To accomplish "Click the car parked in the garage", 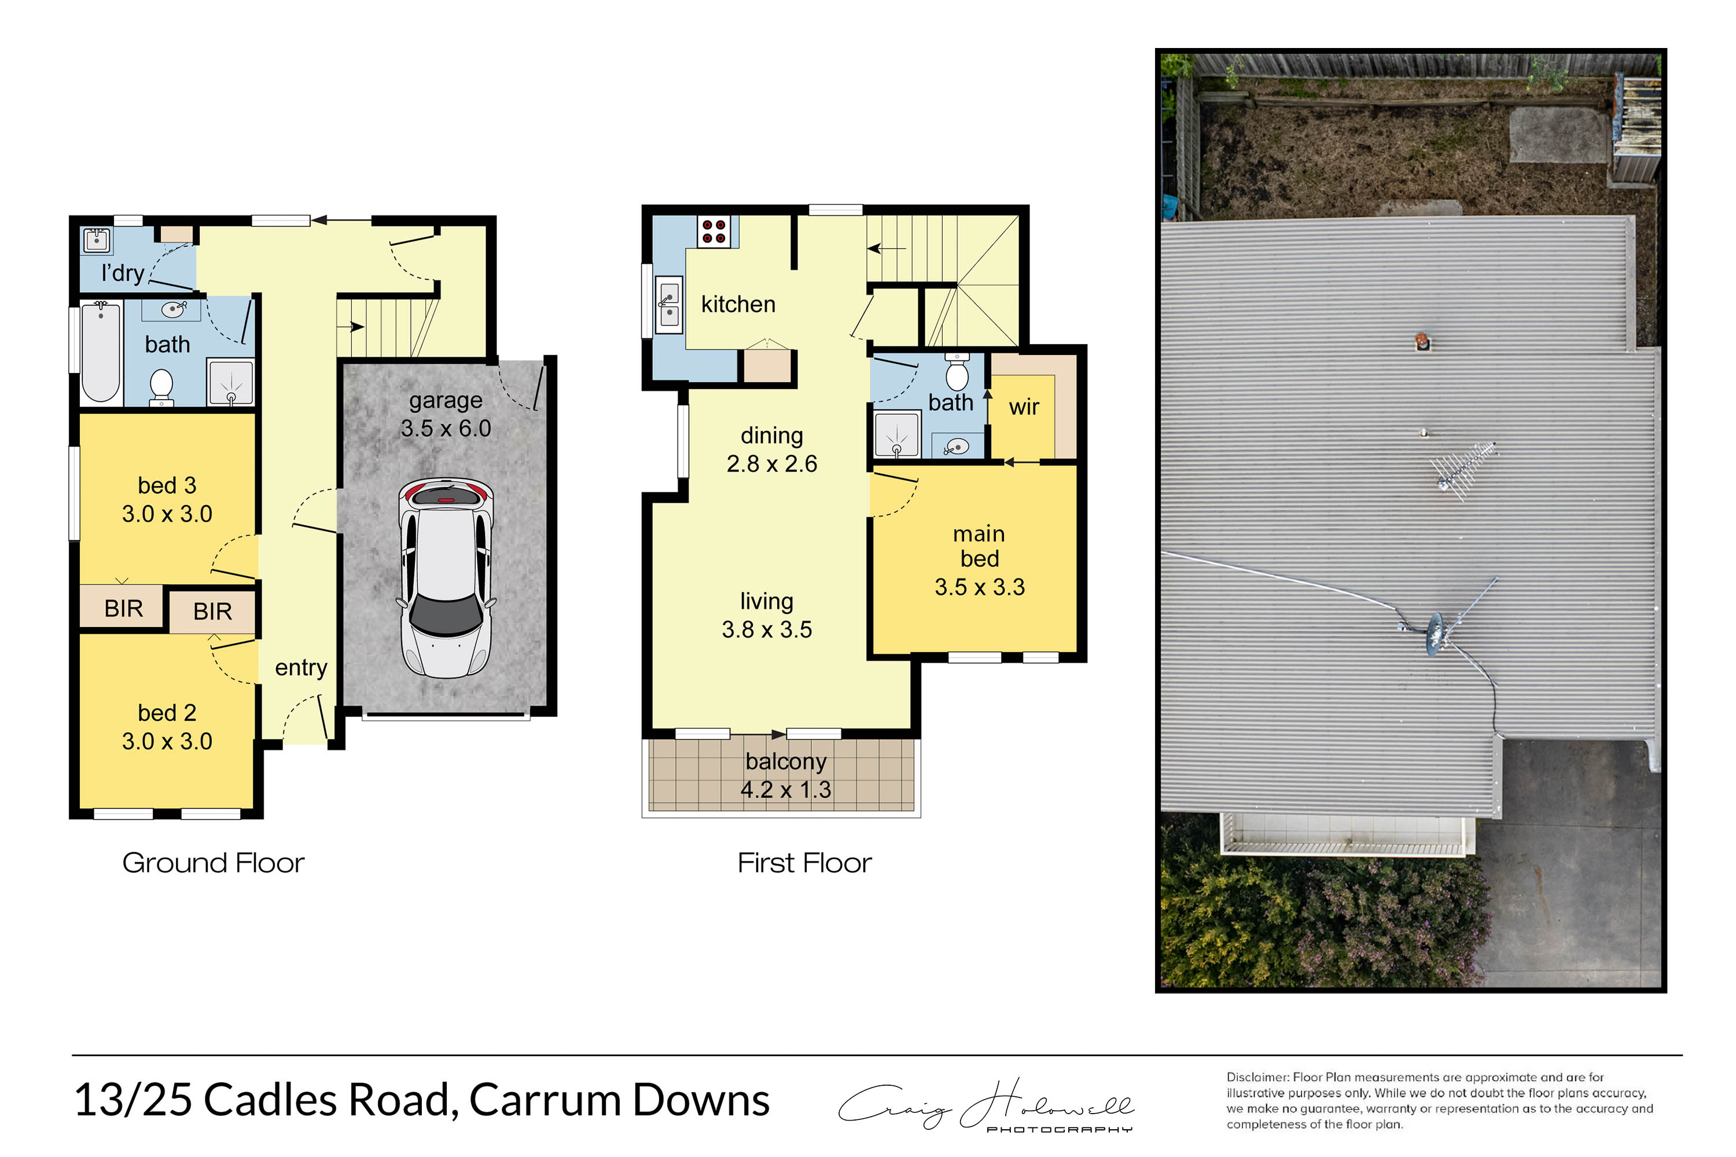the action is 445,578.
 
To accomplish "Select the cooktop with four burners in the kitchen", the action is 713,232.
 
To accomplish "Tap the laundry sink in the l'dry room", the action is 97,240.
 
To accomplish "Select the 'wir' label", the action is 1024,407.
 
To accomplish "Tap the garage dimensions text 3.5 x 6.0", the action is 446,428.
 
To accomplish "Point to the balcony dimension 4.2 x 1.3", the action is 785,790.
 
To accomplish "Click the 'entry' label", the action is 301,668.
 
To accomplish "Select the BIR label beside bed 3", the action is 123,608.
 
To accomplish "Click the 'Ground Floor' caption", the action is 214,863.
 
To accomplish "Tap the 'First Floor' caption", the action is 804,863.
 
